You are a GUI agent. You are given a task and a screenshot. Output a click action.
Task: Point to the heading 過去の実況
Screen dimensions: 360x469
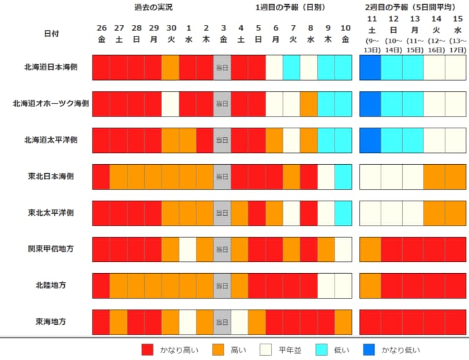point(153,8)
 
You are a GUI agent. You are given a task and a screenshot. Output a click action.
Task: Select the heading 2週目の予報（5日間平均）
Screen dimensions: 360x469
point(411,8)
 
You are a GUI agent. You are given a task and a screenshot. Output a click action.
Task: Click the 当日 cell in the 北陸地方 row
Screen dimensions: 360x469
point(221,285)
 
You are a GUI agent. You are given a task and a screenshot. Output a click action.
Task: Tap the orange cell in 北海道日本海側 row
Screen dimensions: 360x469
point(170,67)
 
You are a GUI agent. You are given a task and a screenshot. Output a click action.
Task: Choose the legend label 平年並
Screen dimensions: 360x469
point(292,350)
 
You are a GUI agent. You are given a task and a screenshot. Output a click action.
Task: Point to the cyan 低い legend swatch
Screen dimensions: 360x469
point(324,349)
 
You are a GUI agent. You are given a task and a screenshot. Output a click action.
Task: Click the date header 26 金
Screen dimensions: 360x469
point(101,33)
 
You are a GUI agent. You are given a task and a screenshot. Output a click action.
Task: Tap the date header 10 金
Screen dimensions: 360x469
point(343,33)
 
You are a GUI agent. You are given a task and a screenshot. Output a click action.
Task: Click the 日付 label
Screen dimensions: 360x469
point(52,33)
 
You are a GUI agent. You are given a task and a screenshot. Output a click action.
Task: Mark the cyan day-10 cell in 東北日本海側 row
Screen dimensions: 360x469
point(343,176)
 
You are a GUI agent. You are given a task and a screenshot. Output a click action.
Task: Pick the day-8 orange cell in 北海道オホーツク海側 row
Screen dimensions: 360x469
point(308,103)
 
